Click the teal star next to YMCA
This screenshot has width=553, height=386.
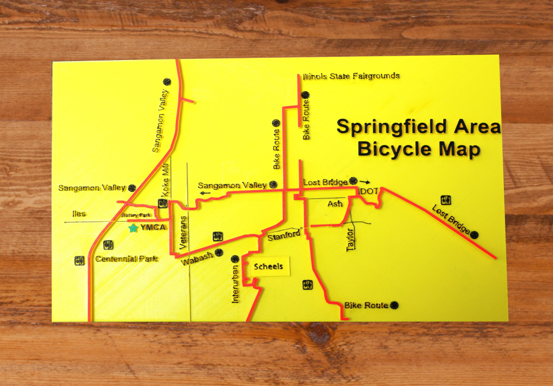point(133,228)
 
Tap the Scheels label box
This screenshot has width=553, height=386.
point(269,266)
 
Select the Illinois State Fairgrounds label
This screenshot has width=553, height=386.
point(352,76)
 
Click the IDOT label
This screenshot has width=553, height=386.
point(369,192)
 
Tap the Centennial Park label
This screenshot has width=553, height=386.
point(127,258)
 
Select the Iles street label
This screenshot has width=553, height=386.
point(79,214)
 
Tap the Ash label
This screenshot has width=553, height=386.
point(335,204)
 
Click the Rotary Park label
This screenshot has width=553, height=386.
point(136,215)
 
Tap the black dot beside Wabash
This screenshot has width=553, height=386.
point(219,252)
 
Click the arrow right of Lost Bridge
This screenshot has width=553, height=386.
point(366,182)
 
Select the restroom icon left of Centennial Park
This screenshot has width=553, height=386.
point(79,260)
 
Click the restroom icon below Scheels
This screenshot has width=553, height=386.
point(307,283)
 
